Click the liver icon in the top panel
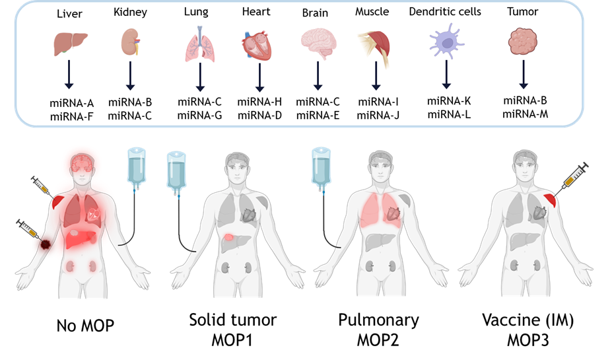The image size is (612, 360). point(70,44)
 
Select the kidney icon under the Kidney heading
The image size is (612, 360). point(130,43)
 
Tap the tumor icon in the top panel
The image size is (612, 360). point(523,43)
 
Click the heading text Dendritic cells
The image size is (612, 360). point(445,12)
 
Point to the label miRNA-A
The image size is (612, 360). point(72,102)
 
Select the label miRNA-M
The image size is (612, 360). point(525,114)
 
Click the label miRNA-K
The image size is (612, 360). point(449,101)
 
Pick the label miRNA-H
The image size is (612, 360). point(259,102)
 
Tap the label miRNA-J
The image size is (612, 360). point(378,116)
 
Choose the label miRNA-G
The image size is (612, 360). point(200,116)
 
